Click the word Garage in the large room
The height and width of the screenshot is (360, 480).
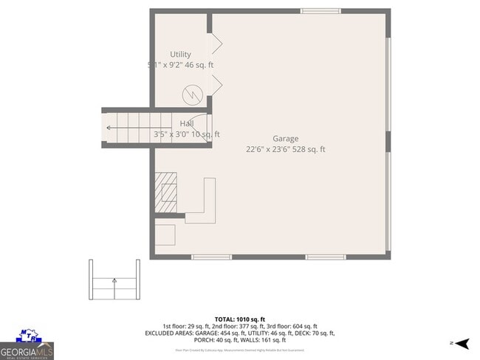[285, 139]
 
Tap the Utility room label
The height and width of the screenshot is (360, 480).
[180, 55]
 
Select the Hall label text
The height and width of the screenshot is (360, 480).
[187, 124]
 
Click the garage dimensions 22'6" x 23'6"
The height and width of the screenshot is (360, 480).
[269, 149]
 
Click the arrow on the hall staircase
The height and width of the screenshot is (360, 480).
[110, 128]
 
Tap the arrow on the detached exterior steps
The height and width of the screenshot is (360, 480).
[114, 280]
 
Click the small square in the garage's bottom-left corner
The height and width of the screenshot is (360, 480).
[165, 235]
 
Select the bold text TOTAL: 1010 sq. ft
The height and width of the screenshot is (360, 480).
[240, 319]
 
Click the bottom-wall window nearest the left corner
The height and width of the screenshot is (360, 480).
[211, 257]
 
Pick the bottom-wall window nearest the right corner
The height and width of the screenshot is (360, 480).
[326, 257]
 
